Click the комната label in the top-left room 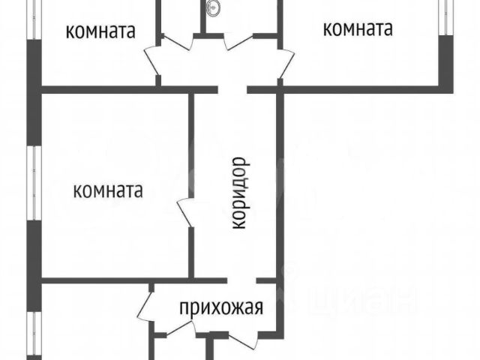click(100, 31)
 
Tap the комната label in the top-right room click(358, 29)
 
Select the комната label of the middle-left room click(108, 190)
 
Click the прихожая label click(220, 307)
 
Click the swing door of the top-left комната click(153, 60)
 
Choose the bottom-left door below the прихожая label click(174, 330)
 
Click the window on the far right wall click(448, 18)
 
